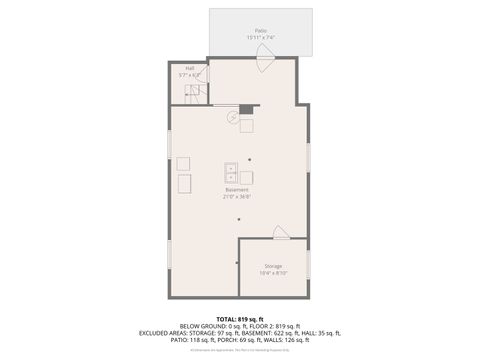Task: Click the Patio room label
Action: pos(260,31)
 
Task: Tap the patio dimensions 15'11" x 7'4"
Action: pos(260,38)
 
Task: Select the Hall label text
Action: pos(189,68)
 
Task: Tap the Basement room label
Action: pos(237,190)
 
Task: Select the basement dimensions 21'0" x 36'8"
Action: pos(237,197)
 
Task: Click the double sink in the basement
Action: pos(229,170)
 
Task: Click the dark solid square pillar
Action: pos(246,109)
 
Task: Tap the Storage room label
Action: pos(273,266)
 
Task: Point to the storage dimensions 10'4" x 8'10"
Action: pos(273,273)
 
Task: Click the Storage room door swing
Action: pos(281,234)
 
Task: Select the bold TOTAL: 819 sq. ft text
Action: pos(239,318)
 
